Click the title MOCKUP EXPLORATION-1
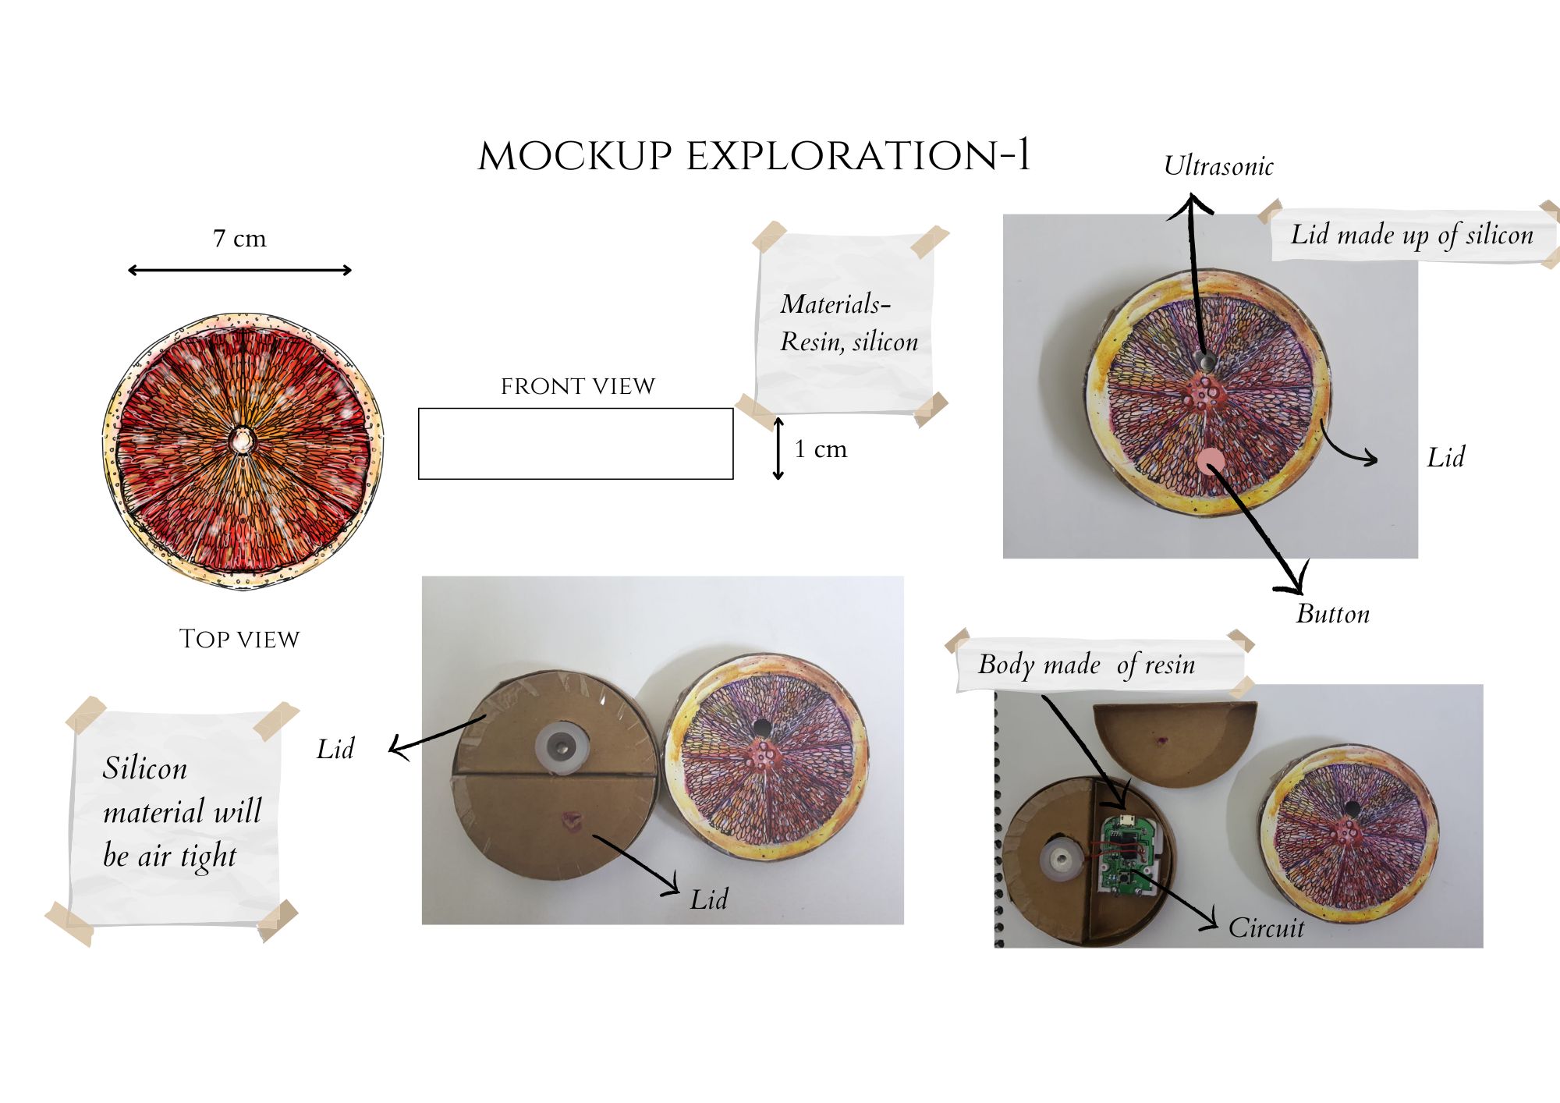[x=753, y=156]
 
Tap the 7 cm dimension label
[x=239, y=239]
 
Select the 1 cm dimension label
[x=821, y=449]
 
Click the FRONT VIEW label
[x=577, y=386]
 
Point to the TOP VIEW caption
[x=239, y=639]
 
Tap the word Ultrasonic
[x=1218, y=166]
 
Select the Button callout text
[x=1332, y=614]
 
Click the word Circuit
[x=1266, y=927]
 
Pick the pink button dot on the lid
[x=1210, y=461]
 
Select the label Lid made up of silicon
[x=1412, y=235]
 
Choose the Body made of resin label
[x=1087, y=665]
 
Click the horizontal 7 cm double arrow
[x=239, y=271]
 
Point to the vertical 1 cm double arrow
[x=778, y=449]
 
